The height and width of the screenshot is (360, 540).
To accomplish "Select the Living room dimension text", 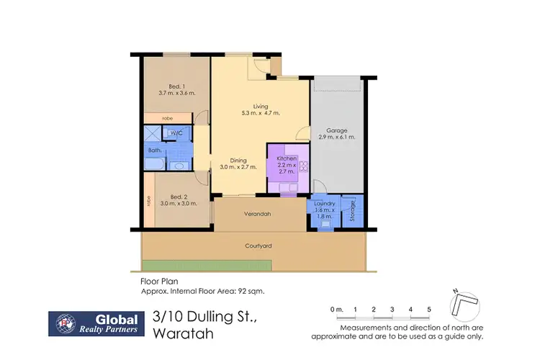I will tap(261, 113).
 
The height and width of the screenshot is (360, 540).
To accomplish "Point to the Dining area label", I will tap(238, 161).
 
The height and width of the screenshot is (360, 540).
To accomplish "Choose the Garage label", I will tap(337, 131).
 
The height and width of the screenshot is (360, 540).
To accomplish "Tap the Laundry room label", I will tap(325, 204).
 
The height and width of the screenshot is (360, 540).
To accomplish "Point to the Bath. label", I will tap(155, 150).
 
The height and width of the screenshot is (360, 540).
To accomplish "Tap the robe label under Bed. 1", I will tap(167, 118).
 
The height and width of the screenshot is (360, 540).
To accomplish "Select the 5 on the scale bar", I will tap(429, 309).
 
